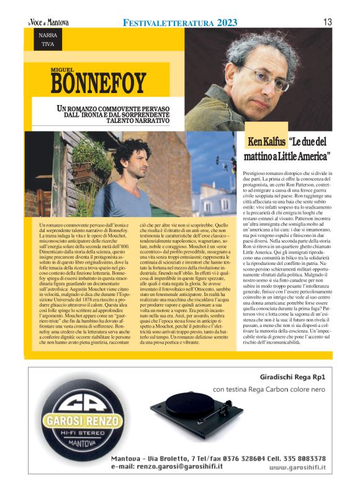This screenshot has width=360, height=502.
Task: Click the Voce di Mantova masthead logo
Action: coord(48,22)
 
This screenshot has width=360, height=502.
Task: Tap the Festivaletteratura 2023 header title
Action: coord(180,22)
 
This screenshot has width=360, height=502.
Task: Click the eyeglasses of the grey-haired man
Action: coord(268,81)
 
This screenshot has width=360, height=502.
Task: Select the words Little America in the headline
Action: coord(300,155)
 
